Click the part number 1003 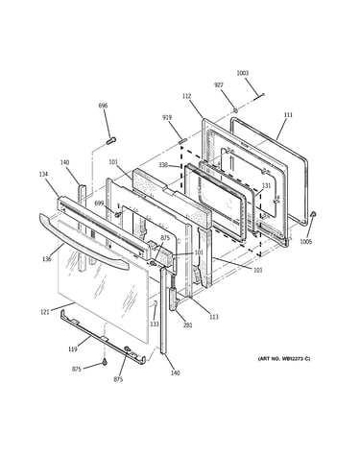(242, 73)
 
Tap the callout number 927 (219, 85)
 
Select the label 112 (187, 96)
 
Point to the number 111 (288, 114)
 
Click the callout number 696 (103, 106)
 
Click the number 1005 (305, 242)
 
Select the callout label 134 (43, 174)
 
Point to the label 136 (47, 259)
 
